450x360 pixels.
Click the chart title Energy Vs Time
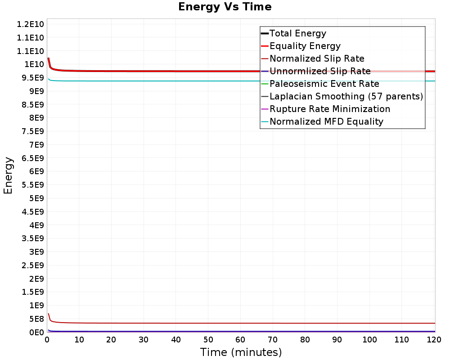[x=225, y=7]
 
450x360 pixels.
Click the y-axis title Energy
[x=8, y=175]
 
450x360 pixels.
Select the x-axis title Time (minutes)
[x=241, y=352]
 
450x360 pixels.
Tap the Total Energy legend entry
[x=297, y=33]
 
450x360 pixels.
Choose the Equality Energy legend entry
[x=305, y=46]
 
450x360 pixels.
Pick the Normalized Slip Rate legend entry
[x=317, y=58]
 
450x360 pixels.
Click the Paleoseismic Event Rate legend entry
[x=324, y=84]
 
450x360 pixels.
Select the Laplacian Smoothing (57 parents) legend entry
[x=346, y=96]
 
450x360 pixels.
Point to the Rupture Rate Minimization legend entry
[x=329, y=109]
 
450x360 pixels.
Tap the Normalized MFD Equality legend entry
[x=326, y=121]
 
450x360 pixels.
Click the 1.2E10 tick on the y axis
[x=30, y=24]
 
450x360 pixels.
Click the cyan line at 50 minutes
[x=208, y=81]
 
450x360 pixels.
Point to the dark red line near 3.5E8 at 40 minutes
[x=176, y=323]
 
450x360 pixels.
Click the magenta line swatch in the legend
[x=265, y=109]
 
